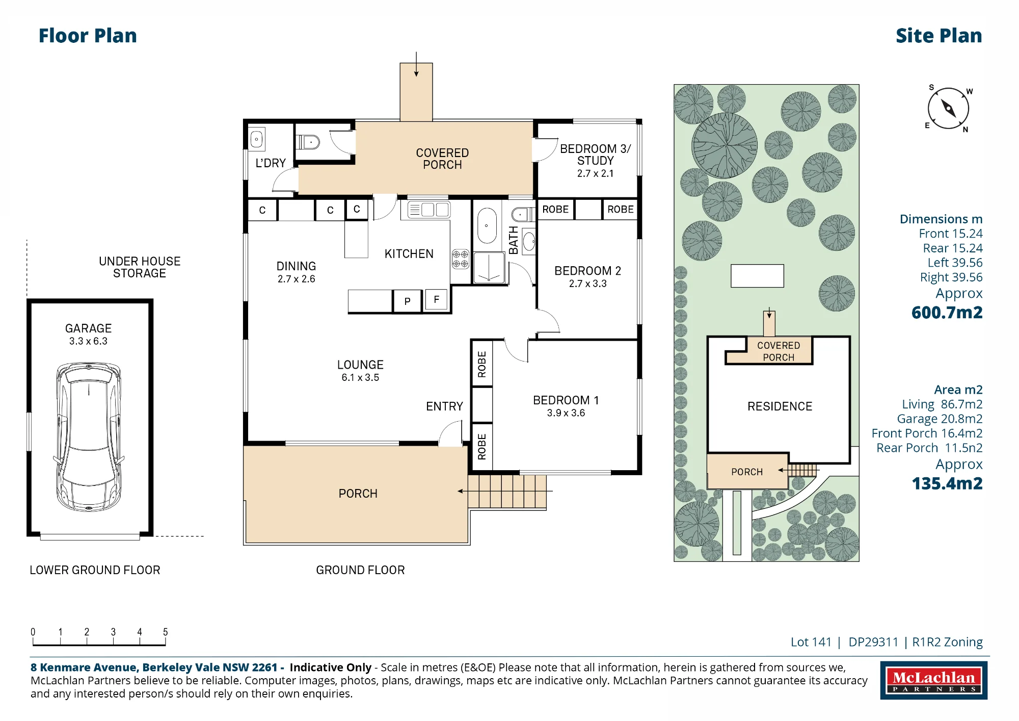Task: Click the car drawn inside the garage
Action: [89, 436]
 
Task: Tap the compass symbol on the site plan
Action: [948, 109]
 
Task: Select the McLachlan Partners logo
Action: [933, 680]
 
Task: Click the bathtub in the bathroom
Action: [487, 225]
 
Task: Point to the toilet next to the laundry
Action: [308, 142]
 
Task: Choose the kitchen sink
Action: [428, 210]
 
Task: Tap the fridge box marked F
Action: [436, 300]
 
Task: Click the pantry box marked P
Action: [407, 301]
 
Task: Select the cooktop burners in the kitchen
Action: [461, 259]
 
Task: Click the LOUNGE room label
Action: [360, 365]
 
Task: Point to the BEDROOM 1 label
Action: [566, 400]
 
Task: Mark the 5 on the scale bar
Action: [165, 632]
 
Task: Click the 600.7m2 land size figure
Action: [947, 312]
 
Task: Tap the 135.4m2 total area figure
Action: [947, 483]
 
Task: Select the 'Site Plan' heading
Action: [938, 36]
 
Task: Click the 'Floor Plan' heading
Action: [88, 36]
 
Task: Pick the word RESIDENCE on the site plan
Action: [780, 406]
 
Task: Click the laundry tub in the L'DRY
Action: [257, 139]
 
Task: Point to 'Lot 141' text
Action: [811, 642]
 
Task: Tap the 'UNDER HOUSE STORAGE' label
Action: [140, 267]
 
